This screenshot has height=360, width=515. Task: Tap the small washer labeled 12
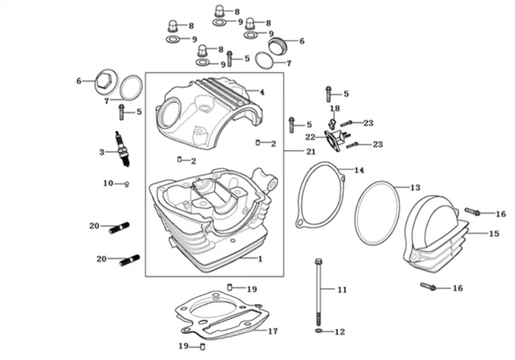point(318,331)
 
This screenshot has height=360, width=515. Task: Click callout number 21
point(310,151)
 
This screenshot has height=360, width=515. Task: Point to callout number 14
point(359,170)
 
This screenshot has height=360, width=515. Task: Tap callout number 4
point(261,92)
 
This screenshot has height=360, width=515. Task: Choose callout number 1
point(260,259)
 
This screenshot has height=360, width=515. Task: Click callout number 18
point(335,108)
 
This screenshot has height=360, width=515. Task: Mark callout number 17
point(273,331)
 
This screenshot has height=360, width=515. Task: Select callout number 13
point(415,187)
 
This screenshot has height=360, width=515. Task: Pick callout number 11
point(341,290)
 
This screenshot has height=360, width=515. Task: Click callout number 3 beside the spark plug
point(102,152)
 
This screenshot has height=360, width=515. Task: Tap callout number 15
point(494,234)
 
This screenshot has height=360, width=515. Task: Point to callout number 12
point(339,332)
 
